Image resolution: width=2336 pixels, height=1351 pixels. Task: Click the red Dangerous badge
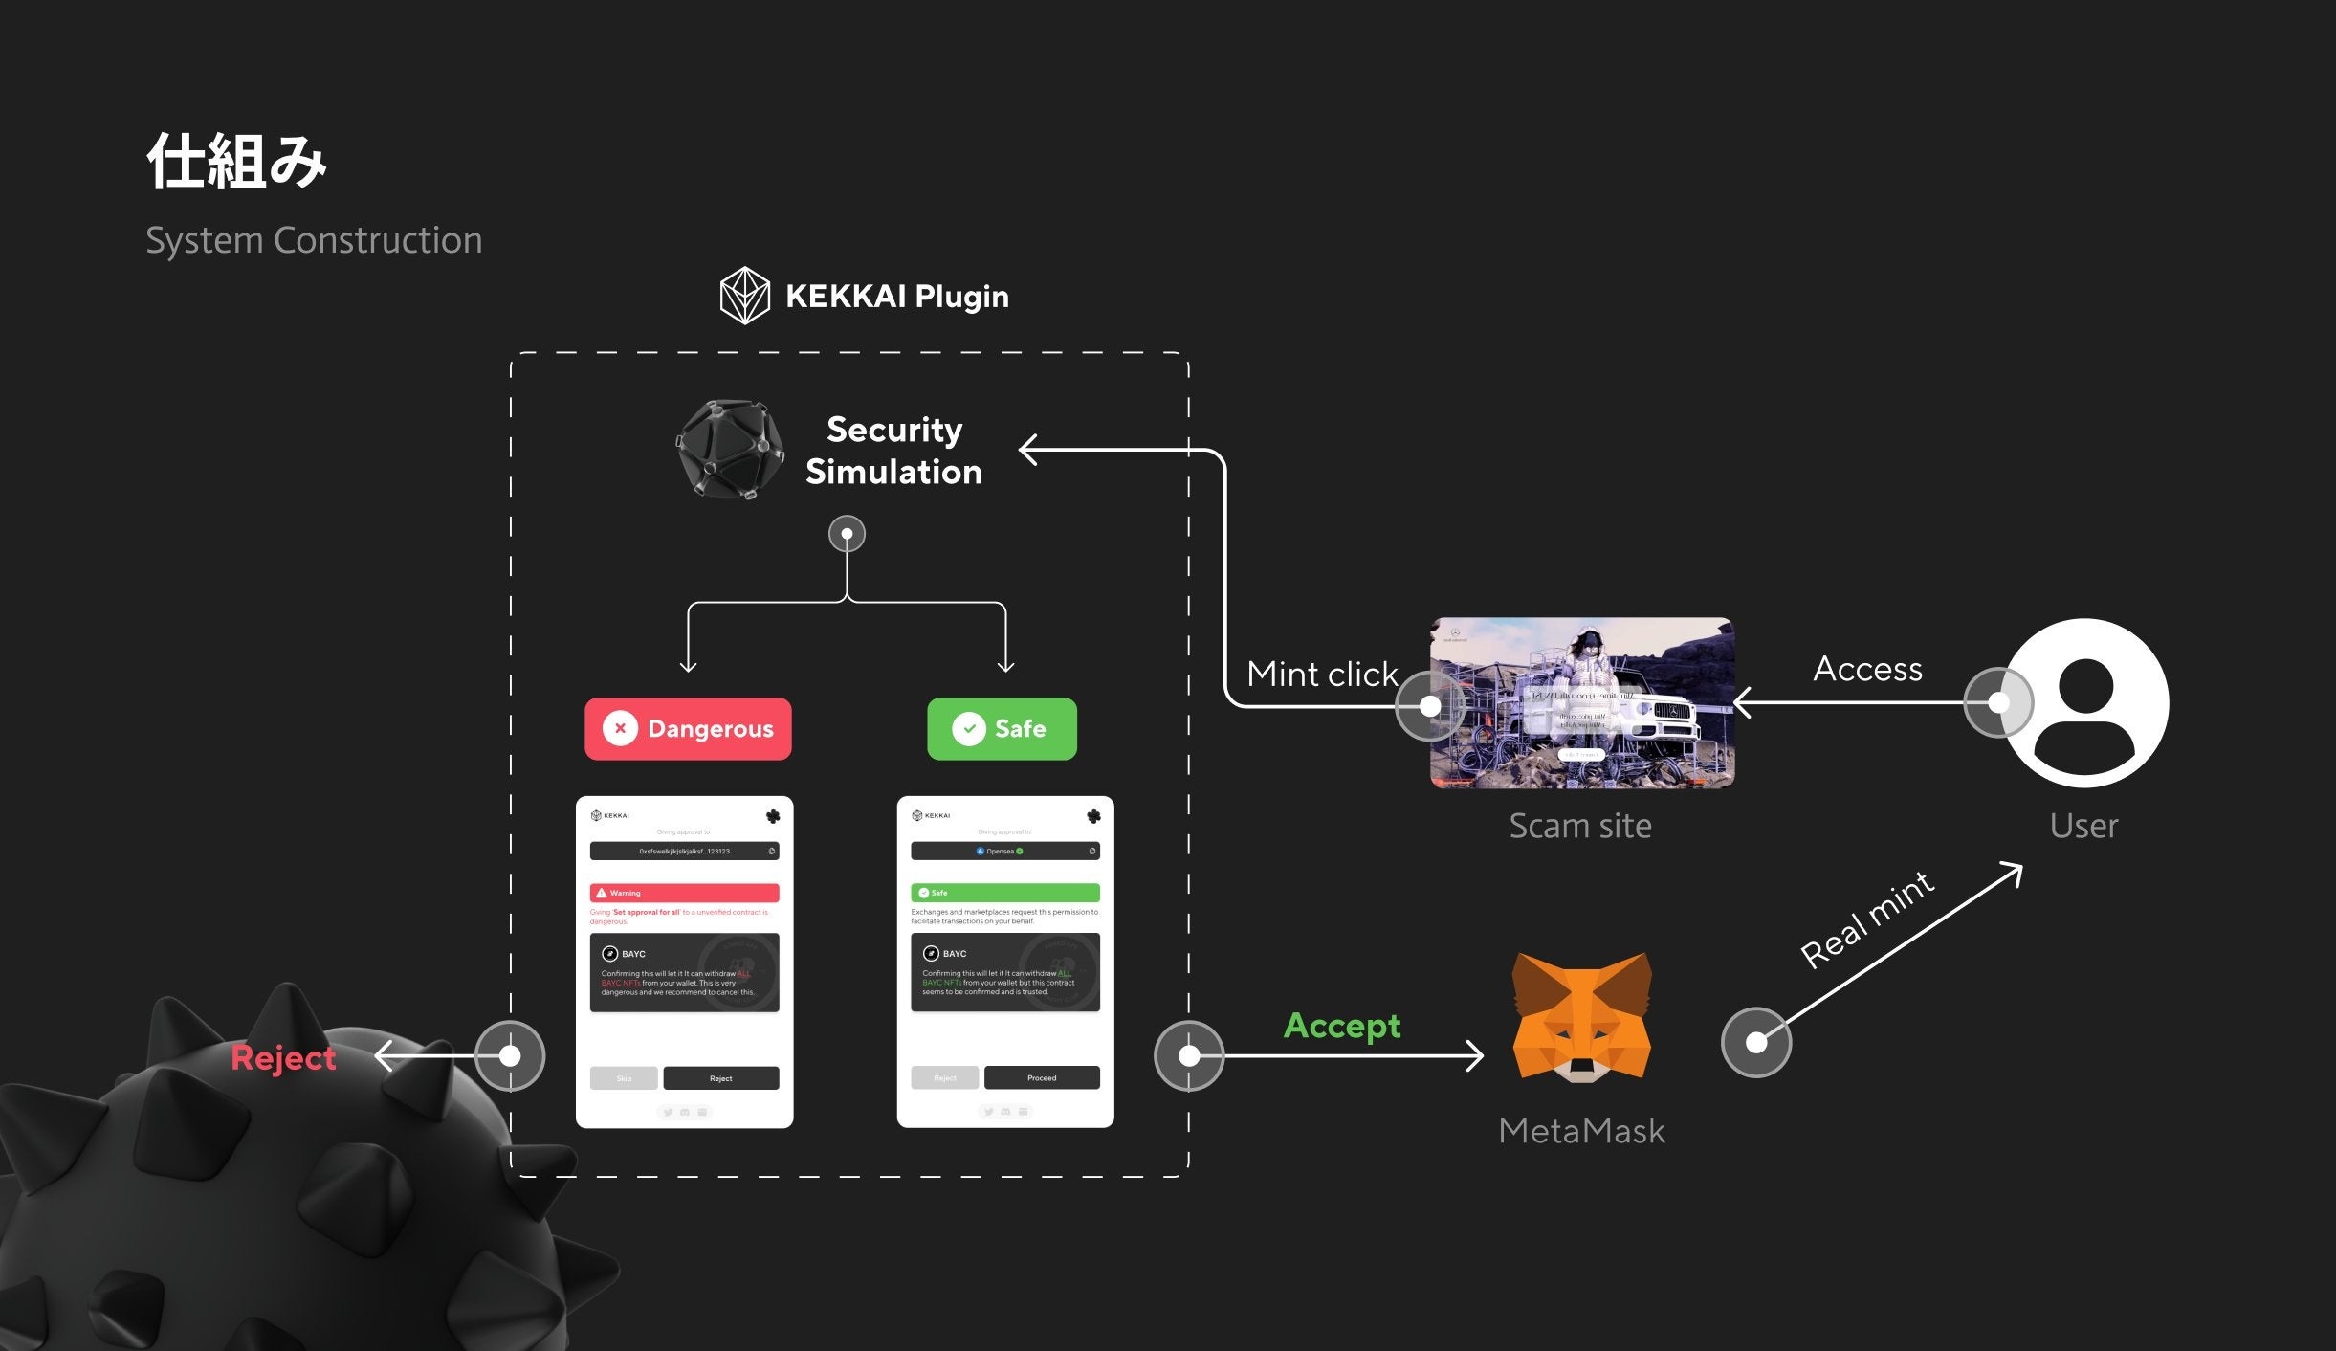coord(688,729)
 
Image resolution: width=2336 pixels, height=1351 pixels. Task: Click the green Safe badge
coord(1002,729)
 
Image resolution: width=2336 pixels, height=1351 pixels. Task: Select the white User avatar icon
coord(2085,703)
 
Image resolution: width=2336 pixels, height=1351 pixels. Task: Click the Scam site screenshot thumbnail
coord(1581,703)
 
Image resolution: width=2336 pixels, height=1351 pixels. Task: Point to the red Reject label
coord(283,1057)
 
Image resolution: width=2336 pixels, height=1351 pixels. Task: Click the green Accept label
coord(1342,1026)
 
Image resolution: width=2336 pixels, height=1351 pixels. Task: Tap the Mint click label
coord(1322,675)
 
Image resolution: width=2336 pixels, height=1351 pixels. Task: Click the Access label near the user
coord(1867,669)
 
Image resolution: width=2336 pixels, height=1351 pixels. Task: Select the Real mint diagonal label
coord(1867,919)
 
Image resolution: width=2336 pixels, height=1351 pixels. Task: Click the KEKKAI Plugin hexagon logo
coord(744,296)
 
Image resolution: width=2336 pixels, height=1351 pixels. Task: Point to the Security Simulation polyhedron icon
coord(730,450)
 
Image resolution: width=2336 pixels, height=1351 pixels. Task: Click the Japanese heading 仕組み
coord(237,161)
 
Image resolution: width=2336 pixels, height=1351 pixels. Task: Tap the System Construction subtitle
coord(314,240)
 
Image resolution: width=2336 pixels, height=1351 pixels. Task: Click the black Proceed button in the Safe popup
coord(1042,1078)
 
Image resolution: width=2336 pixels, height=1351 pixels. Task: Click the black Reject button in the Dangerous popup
coord(721,1078)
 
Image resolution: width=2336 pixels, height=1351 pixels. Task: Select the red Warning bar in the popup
coord(684,893)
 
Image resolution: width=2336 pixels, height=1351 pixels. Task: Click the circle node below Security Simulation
coord(847,534)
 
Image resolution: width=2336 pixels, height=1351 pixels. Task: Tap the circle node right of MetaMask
coord(1756,1042)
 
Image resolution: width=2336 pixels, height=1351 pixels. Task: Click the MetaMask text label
coord(1581,1131)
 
